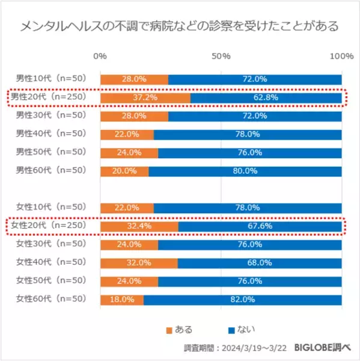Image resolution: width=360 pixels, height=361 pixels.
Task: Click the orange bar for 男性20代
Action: [x=145, y=97]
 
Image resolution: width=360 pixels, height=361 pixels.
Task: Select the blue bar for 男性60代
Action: [x=245, y=171]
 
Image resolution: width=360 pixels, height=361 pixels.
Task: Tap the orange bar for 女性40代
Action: [x=139, y=263]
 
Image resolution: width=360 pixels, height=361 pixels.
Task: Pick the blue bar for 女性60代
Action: [x=243, y=300]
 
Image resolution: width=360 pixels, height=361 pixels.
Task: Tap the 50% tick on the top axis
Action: [x=222, y=56]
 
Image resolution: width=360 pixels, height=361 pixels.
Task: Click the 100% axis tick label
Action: [x=342, y=56]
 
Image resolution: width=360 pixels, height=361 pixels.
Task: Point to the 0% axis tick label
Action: [x=101, y=56]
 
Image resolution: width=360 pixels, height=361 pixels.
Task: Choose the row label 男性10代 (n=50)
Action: [x=51, y=79]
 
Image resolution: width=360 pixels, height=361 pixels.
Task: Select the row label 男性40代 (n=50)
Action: [x=51, y=134]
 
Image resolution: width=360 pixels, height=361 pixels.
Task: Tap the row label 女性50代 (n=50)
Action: [x=51, y=281]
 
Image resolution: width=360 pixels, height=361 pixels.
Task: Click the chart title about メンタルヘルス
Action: [x=179, y=26]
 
